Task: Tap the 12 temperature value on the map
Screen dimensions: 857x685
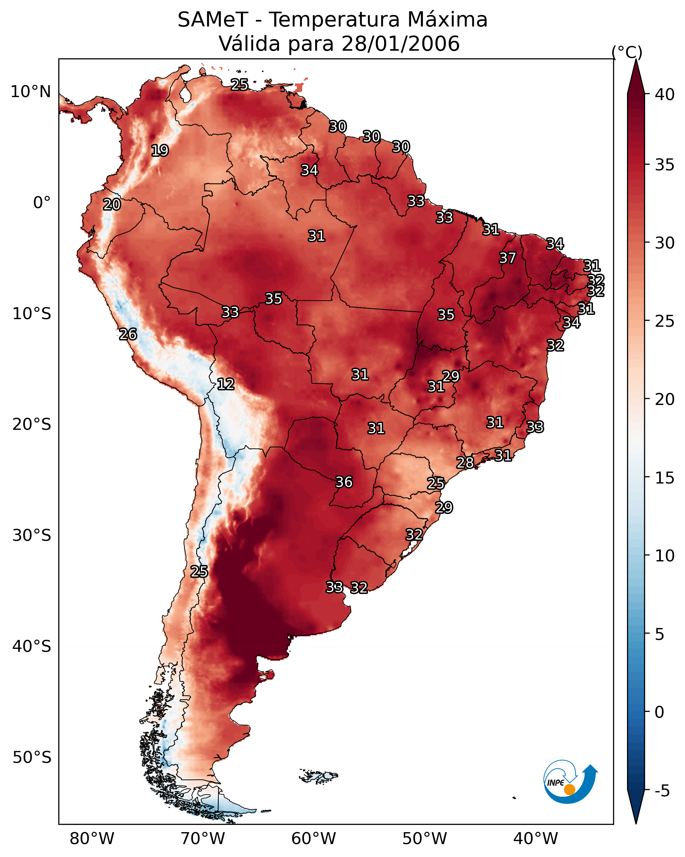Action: (x=225, y=384)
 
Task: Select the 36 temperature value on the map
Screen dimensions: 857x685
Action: (x=344, y=482)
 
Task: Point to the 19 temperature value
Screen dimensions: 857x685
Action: (x=160, y=151)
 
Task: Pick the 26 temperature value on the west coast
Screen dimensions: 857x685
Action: (x=128, y=334)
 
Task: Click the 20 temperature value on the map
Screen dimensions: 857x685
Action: (x=112, y=205)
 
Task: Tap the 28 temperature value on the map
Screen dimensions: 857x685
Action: (x=465, y=463)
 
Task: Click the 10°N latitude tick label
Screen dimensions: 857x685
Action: (x=30, y=92)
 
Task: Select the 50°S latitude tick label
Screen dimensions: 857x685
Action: (x=32, y=758)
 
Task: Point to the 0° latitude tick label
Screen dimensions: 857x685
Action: (x=42, y=203)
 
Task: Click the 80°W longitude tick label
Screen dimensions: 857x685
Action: (x=92, y=838)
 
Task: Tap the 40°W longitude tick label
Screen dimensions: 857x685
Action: (x=536, y=838)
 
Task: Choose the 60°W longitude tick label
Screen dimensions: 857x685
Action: (x=314, y=838)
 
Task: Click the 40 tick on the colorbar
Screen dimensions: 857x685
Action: (x=665, y=94)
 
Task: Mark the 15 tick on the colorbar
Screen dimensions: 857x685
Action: (x=665, y=478)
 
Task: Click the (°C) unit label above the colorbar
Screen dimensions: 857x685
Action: (x=627, y=52)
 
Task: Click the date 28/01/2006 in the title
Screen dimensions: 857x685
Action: (x=400, y=43)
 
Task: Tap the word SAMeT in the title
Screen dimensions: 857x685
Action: (x=213, y=20)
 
